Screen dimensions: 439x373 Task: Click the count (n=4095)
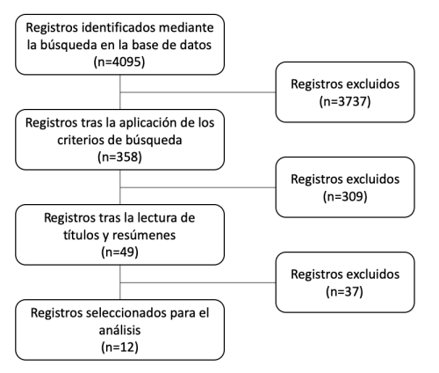coord(119,62)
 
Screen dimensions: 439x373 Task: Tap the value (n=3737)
coord(345,101)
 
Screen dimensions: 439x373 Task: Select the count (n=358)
coord(119,157)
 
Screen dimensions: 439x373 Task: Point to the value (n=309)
coord(345,196)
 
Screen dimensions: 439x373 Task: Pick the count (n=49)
coord(119,252)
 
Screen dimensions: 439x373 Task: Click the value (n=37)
coord(344,291)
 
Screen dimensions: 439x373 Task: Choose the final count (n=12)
coord(119,347)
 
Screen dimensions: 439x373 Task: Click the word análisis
coord(119,330)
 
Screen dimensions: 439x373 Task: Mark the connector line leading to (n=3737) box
coord(198,92)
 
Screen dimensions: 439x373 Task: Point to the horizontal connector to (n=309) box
coord(198,187)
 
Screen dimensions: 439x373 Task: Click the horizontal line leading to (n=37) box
coord(198,283)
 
